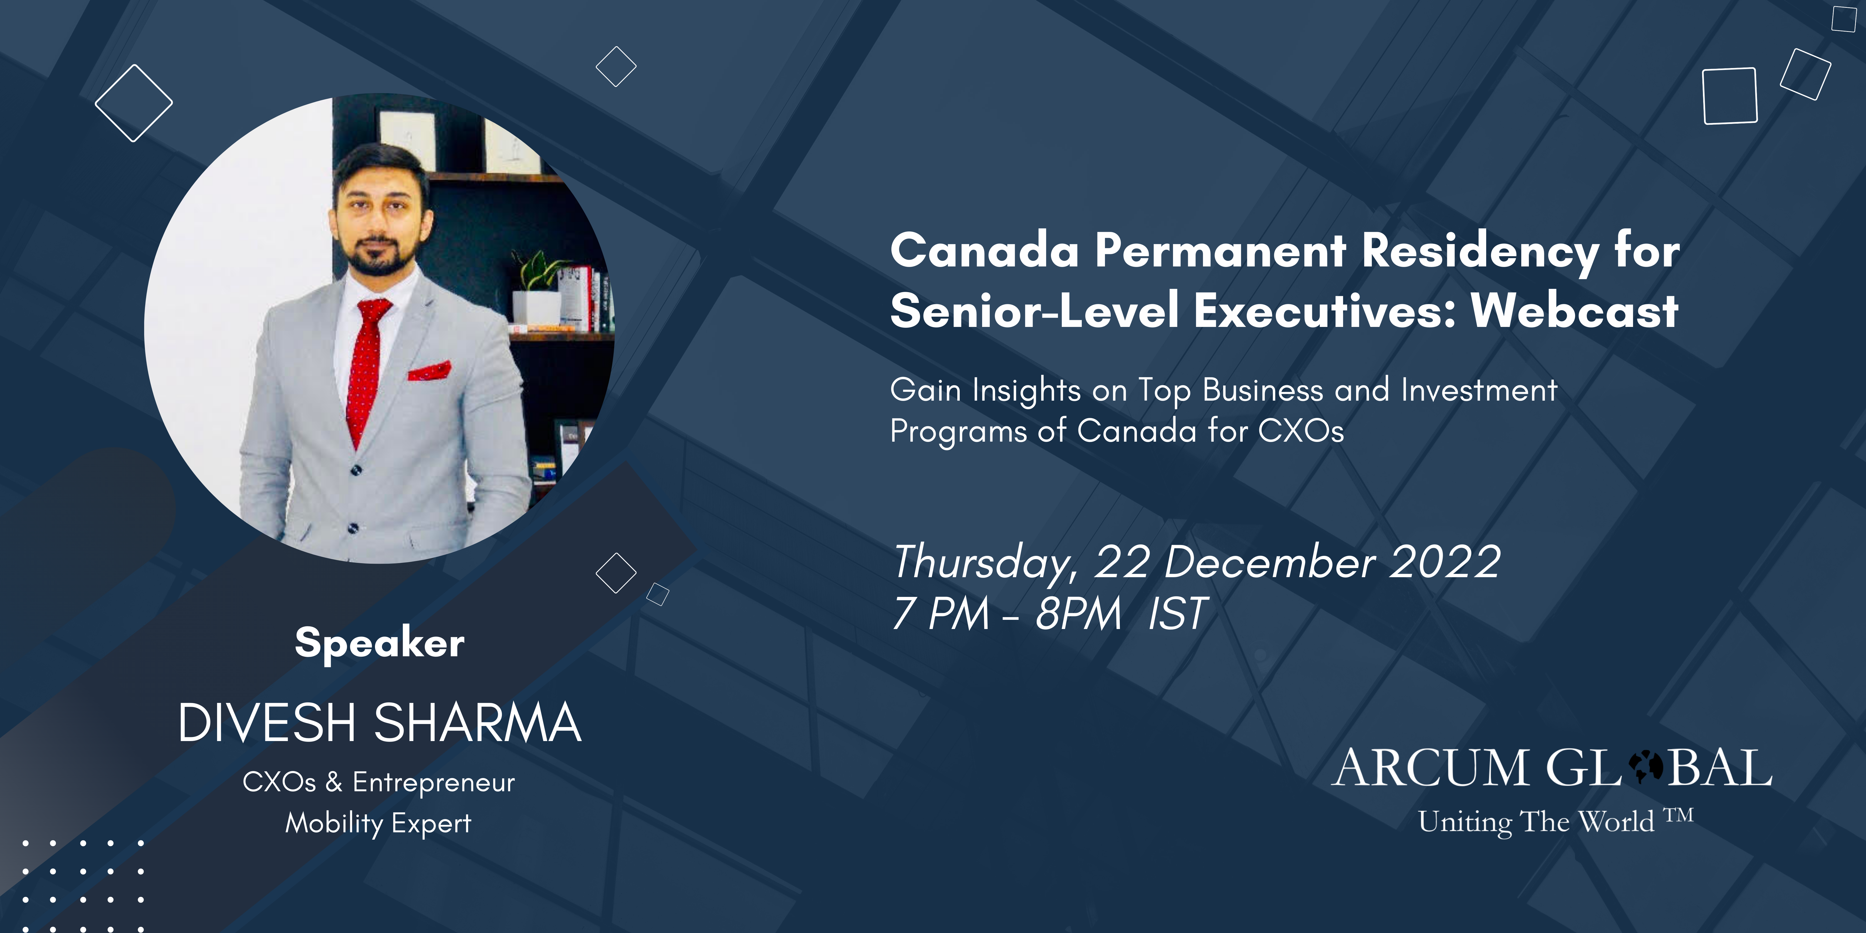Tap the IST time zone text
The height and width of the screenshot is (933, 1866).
1178,614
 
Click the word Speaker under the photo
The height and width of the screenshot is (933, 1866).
380,643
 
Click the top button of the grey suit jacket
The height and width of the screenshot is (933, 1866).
356,471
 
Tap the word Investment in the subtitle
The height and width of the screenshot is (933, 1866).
1479,390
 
